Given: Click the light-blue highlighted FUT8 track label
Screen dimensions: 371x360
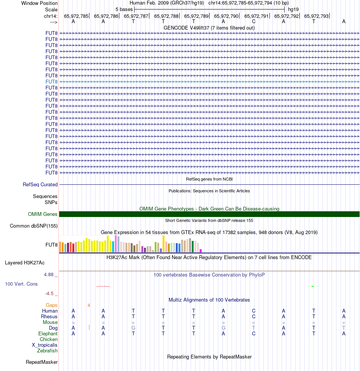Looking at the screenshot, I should click(x=52, y=82).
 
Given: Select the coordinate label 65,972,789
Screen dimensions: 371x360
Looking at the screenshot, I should click(x=196, y=16).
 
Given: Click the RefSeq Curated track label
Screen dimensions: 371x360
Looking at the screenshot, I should click(x=40, y=185).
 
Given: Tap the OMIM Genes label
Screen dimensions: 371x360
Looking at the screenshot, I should click(x=43, y=214).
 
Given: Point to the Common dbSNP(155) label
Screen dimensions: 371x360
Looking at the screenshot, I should click(x=34, y=226).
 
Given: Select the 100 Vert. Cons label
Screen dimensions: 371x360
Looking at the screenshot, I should click(x=21, y=284).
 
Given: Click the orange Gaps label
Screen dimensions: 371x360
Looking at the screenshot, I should click(x=52, y=305).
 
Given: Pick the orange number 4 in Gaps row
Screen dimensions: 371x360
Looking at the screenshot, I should click(x=89, y=305).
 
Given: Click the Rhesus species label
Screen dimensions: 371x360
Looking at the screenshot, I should click(x=49, y=316).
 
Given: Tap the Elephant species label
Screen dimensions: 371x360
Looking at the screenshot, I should click(x=48, y=333).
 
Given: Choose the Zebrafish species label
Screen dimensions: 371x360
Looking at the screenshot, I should click(x=47, y=351).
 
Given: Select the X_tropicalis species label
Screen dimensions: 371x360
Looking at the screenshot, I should click(x=45, y=345).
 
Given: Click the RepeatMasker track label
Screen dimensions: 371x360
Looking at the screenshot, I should click(x=42, y=362).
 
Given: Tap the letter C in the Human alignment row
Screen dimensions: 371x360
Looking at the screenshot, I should click(x=254, y=311).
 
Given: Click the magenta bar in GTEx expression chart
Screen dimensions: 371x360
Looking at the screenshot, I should click(x=201, y=250).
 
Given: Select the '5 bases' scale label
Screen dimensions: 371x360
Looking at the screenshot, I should click(x=124, y=9).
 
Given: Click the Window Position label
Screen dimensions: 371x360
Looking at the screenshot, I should click(x=39, y=3).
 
